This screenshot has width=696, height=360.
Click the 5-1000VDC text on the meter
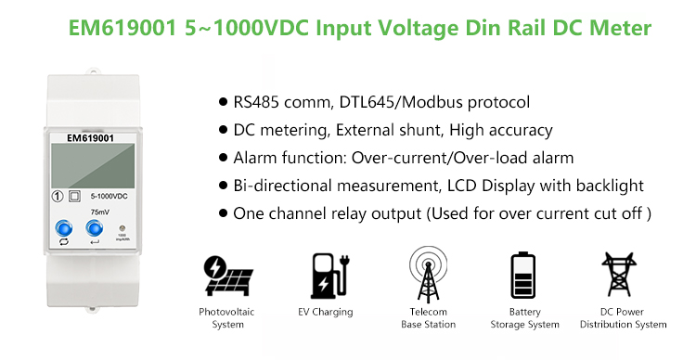tap(107, 196)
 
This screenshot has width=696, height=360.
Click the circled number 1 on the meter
tap(58, 196)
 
